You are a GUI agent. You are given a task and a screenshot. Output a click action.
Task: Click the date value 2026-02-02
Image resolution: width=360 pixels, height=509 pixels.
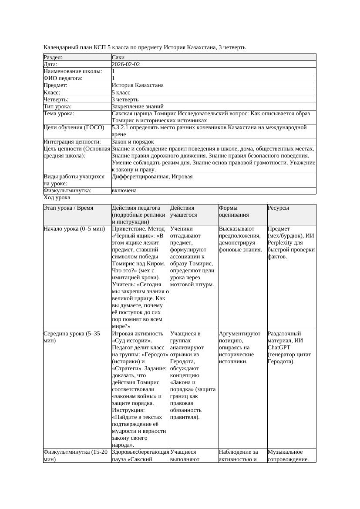[126, 64]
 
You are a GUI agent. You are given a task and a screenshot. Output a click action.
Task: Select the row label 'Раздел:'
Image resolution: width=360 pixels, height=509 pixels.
[53, 57]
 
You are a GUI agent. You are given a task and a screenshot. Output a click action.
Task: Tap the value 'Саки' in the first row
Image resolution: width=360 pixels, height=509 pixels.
[118, 57]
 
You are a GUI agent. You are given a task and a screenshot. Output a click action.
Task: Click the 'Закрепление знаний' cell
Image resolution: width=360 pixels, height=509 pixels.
[138, 106]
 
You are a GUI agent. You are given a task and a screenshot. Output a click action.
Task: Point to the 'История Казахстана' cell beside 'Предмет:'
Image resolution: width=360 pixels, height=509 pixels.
[138, 85]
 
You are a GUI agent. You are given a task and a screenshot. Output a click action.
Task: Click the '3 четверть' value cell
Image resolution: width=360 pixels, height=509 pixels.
[125, 99]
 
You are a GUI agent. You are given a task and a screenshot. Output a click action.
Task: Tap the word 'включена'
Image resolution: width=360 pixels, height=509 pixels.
[124, 191]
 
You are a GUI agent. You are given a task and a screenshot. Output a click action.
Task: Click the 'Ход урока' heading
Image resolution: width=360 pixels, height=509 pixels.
[57, 198]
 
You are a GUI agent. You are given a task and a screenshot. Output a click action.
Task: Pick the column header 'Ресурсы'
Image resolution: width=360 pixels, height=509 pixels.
[278, 208]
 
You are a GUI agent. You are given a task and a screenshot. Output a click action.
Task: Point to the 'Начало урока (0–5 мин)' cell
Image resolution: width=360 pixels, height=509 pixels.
[74, 229]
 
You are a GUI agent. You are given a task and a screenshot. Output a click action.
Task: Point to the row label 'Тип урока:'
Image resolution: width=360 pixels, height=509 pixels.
[57, 106]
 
